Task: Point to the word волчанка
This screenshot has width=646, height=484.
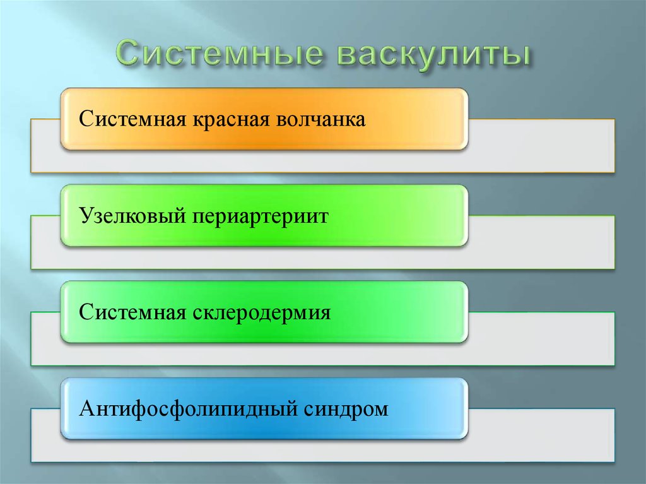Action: pyautogui.click(x=320, y=119)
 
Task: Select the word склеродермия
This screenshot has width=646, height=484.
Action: pyautogui.click(x=259, y=313)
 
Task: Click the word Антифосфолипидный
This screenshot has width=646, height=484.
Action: pyautogui.click(x=189, y=410)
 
